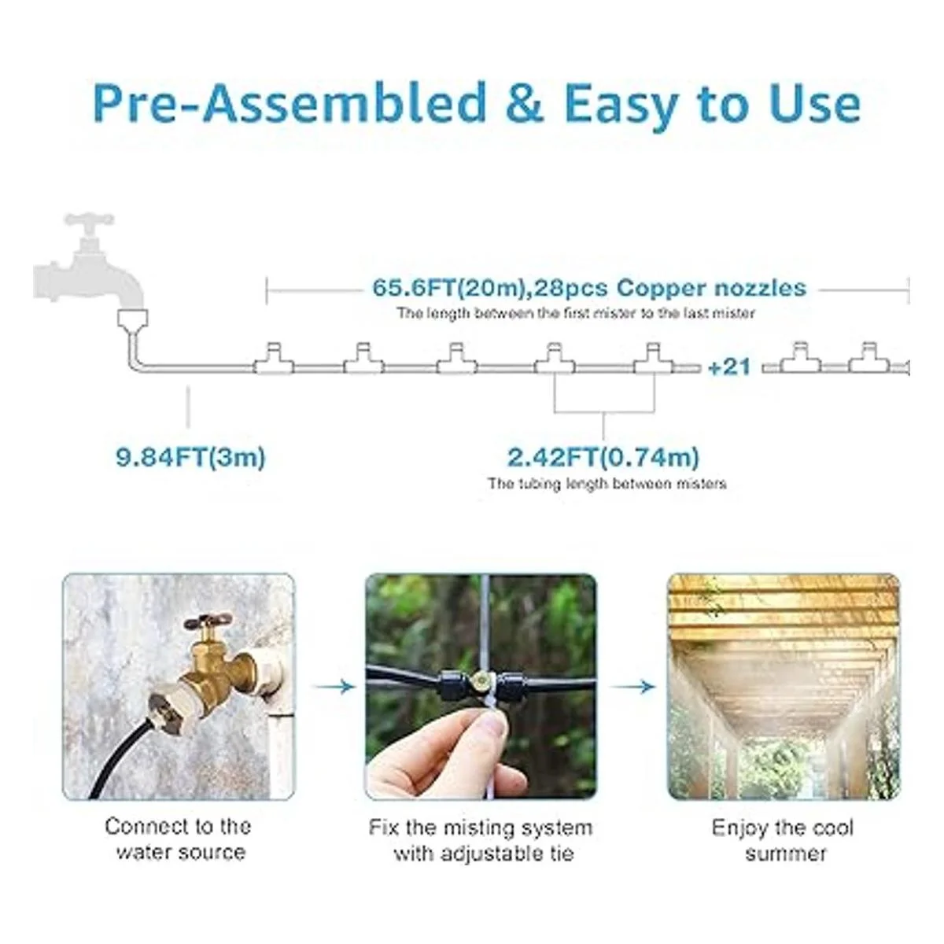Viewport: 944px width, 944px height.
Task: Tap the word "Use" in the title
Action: [815, 103]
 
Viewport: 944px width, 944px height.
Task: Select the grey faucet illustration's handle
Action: [89, 219]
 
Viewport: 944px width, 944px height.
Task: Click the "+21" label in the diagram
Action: [729, 367]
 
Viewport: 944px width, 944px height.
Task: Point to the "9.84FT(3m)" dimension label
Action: [190, 458]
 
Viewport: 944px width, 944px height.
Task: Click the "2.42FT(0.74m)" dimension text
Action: [603, 458]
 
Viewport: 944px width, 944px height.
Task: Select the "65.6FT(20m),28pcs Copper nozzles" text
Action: [589, 288]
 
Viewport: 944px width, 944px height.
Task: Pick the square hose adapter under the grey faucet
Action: [133, 319]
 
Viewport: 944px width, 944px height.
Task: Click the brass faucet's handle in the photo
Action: [207, 624]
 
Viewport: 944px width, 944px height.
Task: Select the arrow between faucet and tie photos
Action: [334, 687]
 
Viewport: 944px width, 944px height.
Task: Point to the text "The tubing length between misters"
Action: [607, 484]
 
